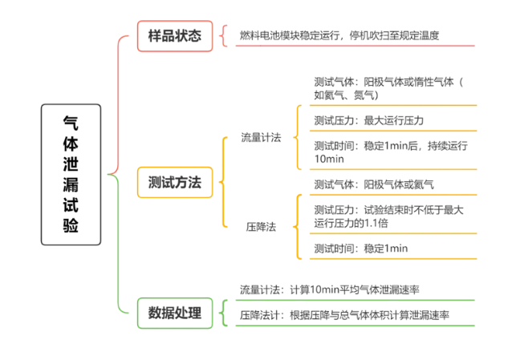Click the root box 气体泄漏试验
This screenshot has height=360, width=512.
[x=71, y=175]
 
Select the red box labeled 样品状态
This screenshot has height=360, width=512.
[x=175, y=36]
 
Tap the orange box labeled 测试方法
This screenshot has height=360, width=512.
[x=175, y=183]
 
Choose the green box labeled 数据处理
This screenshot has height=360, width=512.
[x=175, y=313]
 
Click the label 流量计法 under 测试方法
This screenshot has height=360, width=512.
[x=261, y=137]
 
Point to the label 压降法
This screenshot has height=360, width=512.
[x=261, y=227]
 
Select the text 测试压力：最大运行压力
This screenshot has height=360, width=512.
[x=369, y=120]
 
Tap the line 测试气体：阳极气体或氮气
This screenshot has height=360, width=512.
[x=374, y=184]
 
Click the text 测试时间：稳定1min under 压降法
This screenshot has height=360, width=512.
[x=361, y=249]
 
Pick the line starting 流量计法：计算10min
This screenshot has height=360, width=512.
[x=330, y=289]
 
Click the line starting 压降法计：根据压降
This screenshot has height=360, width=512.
[x=344, y=315]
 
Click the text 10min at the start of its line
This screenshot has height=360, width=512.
[x=329, y=159]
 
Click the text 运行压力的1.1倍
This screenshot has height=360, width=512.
[x=351, y=223]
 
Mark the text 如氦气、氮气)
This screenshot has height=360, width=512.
[x=347, y=95]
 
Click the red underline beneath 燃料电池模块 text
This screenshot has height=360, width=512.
[x=355, y=46]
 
